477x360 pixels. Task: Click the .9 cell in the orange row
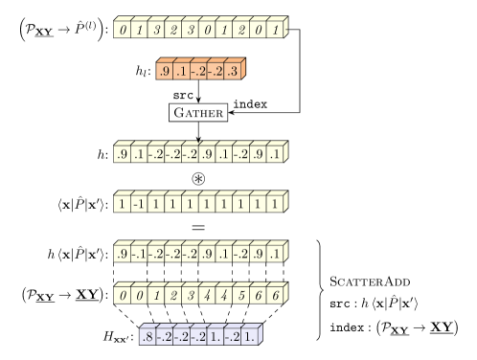165,72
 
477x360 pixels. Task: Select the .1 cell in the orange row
181,72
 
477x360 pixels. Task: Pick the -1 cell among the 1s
138,204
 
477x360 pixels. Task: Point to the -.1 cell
138,255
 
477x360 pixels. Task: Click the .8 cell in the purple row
148,337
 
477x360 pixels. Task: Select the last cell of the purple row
249,337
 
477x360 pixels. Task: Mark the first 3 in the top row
155,31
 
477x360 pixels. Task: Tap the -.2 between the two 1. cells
232,337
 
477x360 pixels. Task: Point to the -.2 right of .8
164,337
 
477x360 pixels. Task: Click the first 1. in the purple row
215,337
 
